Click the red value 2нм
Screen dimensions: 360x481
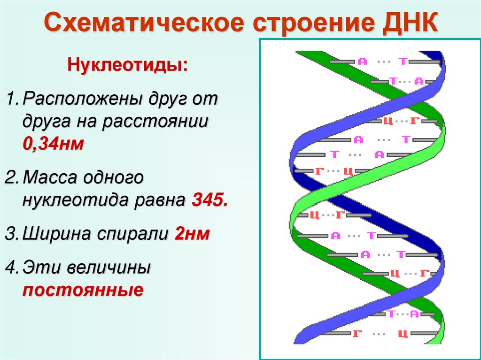pos(192,234)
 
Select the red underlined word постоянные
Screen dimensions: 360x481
pos(83,290)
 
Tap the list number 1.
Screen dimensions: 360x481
pos(12,100)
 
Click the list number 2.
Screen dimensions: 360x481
pos(12,178)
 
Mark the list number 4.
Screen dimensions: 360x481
pos(12,269)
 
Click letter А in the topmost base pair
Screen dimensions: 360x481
pos(362,61)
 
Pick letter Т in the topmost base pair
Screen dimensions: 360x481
pos(403,61)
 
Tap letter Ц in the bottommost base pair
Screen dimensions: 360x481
pos(402,334)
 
